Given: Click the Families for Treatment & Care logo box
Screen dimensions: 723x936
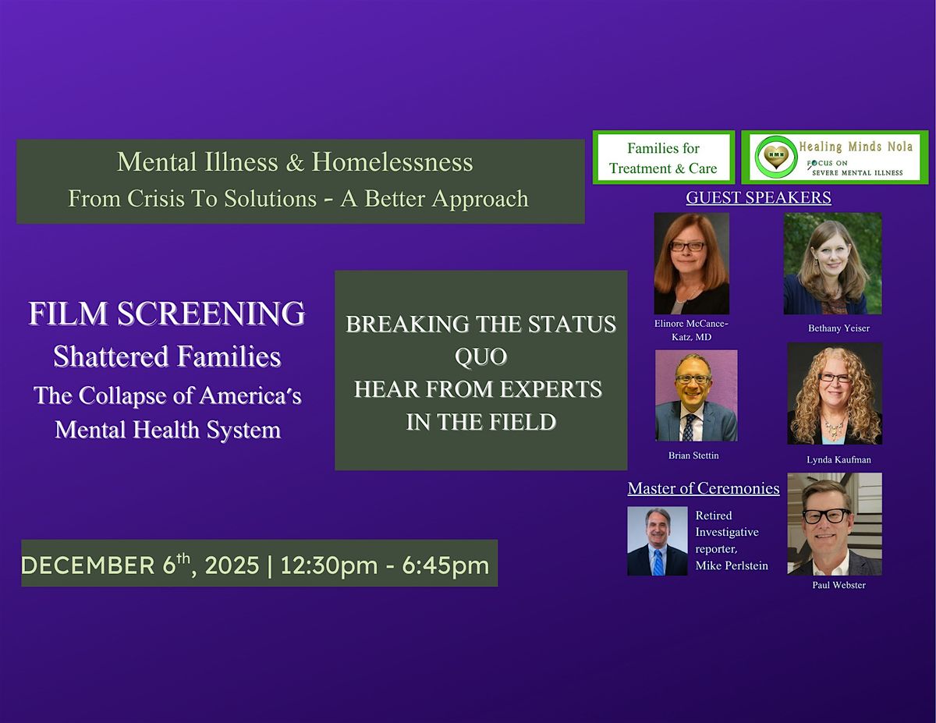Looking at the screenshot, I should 663,158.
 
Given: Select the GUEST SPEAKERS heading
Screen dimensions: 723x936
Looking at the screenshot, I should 758,197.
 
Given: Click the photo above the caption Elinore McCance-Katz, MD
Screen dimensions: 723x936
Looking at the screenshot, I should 691,264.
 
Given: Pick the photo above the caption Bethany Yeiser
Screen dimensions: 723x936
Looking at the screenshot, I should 832,264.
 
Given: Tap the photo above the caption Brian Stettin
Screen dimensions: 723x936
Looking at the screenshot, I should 696,395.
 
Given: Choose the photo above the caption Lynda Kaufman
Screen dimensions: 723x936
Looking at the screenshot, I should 835,393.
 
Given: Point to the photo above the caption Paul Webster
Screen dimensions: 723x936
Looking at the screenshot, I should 835,523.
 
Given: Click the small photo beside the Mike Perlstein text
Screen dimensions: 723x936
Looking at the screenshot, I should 657,541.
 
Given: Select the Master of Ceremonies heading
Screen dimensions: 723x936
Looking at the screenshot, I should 704,488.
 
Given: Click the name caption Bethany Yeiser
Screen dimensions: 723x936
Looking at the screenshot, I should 834,328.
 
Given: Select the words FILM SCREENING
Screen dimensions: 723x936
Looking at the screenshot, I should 167,314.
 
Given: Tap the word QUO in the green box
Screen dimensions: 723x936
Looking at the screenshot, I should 480,356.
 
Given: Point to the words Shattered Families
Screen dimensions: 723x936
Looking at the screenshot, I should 167,356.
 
